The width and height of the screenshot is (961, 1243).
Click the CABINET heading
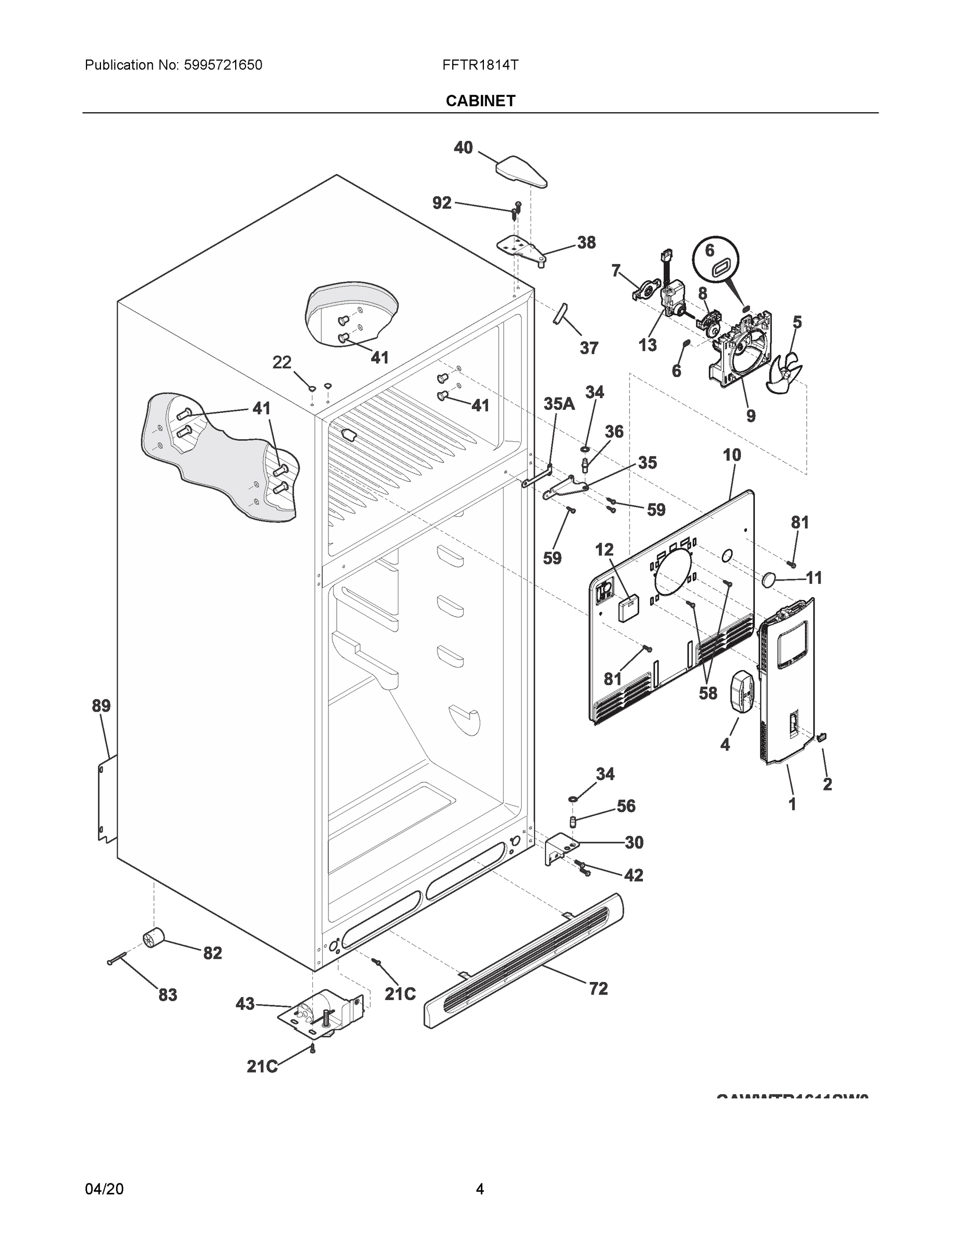(480, 101)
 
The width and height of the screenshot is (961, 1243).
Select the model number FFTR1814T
(480, 65)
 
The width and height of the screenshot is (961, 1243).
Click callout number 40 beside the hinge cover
(463, 148)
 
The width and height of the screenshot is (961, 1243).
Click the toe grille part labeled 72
(524, 961)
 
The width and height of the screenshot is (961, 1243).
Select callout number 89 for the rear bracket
(102, 706)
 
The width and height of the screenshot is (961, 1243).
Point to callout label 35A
(558, 404)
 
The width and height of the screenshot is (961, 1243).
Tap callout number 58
(708, 692)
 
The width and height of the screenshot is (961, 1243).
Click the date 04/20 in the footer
(104, 1189)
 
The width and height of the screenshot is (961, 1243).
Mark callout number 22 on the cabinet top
(282, 363)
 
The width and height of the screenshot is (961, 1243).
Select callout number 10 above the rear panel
(732, 455)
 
